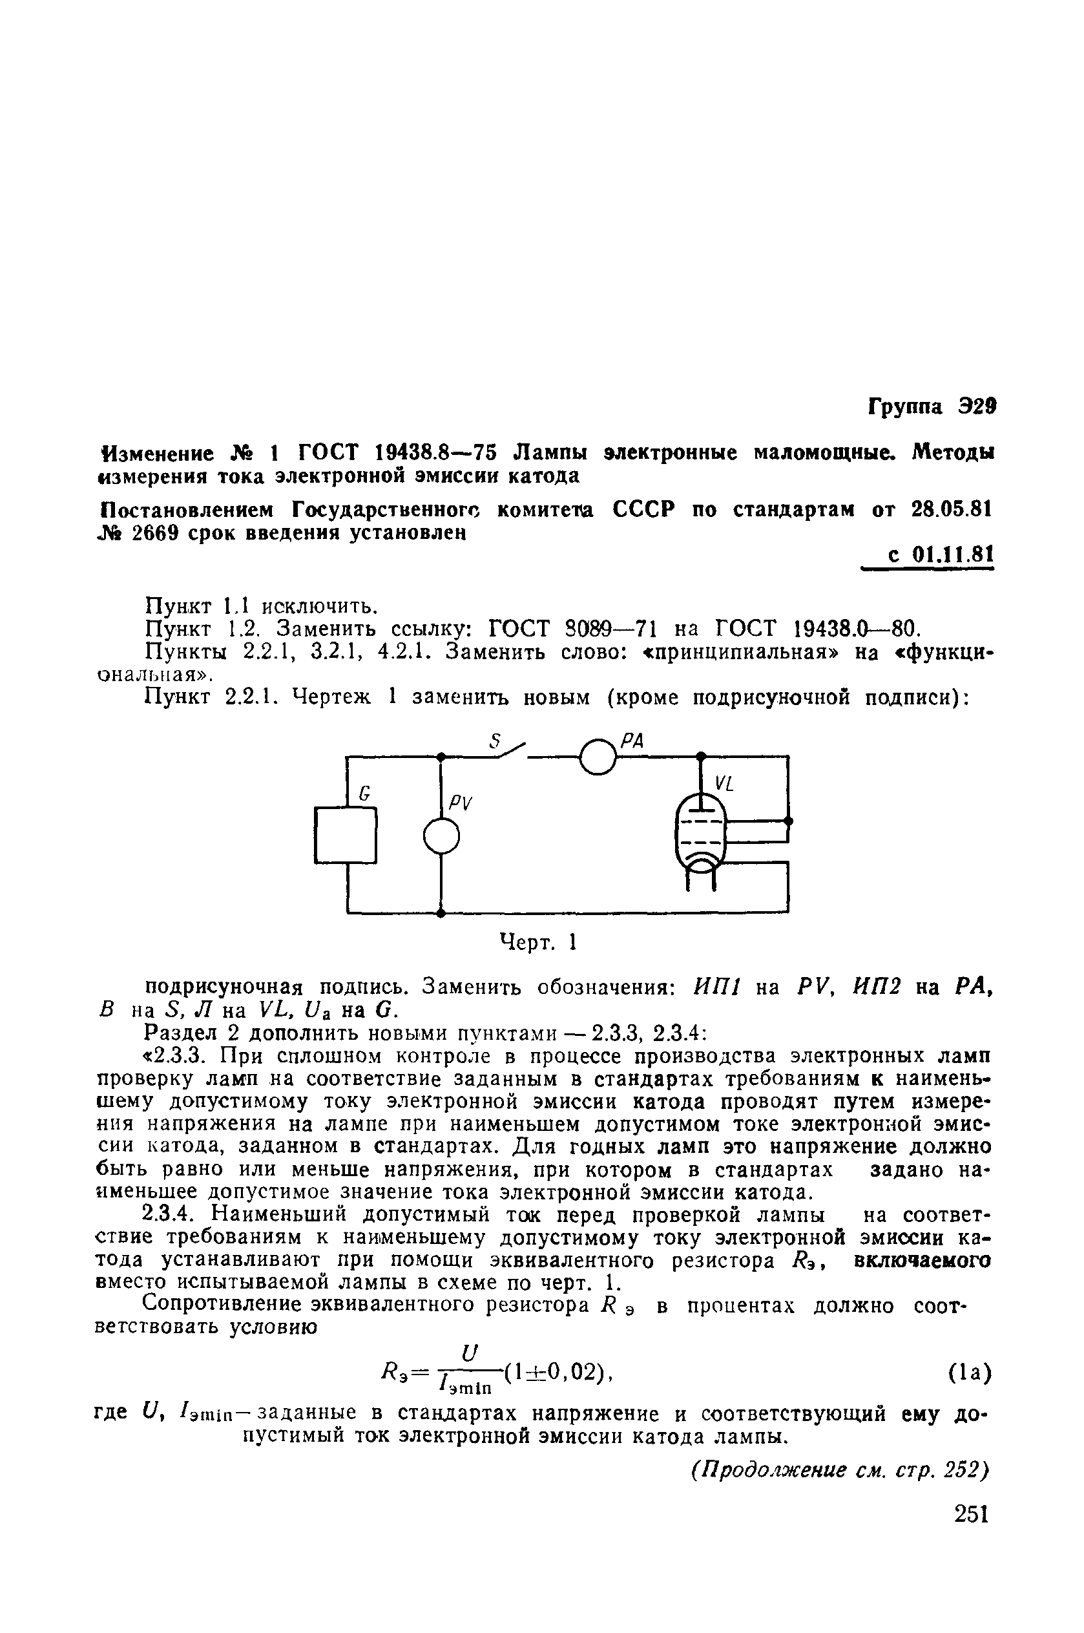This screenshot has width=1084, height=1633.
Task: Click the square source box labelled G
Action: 345,835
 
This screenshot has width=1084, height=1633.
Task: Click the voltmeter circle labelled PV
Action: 442,836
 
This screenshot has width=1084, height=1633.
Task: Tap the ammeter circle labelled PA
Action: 598,756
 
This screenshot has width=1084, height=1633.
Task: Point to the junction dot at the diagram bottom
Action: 441,912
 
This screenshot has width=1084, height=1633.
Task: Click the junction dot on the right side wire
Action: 789,821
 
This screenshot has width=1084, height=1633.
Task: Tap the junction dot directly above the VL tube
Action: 701,755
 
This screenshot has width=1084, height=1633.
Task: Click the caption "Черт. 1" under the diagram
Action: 538,942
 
